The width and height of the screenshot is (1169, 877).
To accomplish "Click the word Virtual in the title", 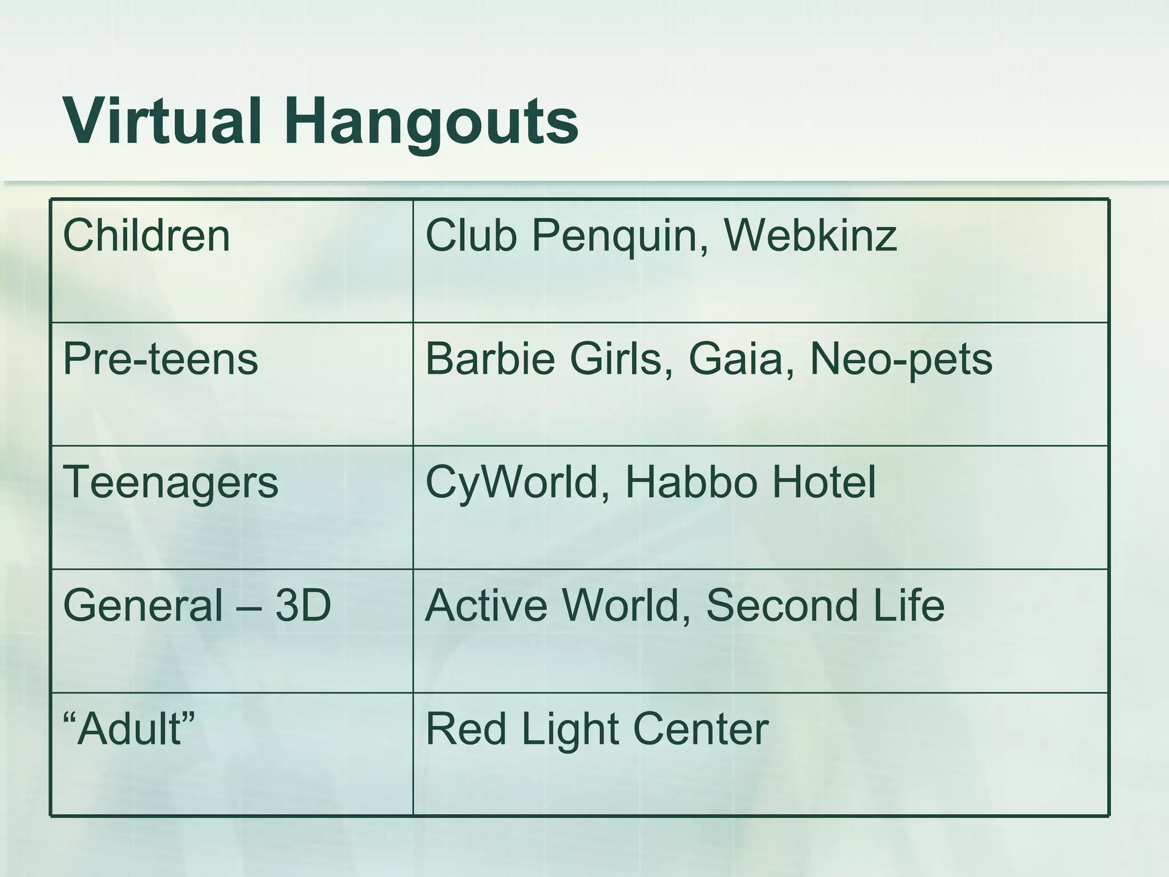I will click(163, 122).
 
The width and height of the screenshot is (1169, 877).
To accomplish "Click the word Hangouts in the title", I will click(434, 122).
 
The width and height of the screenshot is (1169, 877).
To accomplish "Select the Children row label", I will click(146, 236).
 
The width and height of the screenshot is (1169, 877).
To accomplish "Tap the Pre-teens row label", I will click(160, 360).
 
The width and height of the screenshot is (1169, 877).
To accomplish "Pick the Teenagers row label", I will click(170, 483).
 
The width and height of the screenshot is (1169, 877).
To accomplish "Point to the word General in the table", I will click(143, 605).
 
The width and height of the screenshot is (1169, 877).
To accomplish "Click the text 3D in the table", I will click(303, 605).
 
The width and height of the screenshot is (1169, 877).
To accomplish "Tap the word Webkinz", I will click(810, 236).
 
